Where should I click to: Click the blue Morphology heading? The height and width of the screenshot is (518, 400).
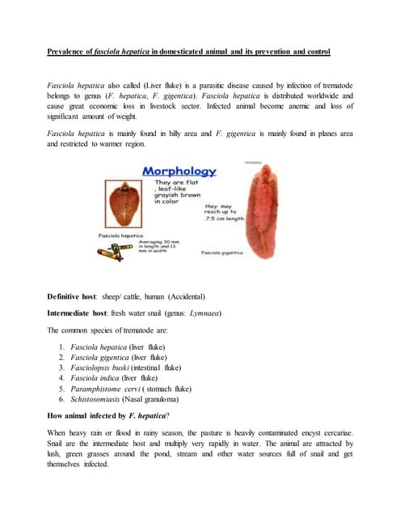179,172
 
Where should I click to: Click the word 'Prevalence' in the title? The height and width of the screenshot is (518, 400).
67,53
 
